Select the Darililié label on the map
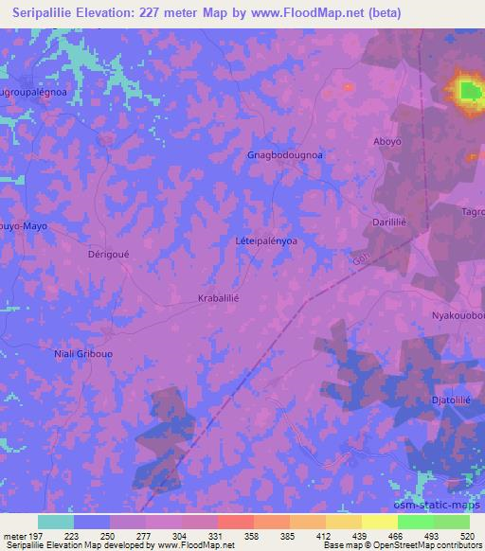(x=387, y=218)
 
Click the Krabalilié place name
(x=225, y=297)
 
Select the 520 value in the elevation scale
(x=466, y=535)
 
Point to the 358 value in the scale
(x=252, y=535)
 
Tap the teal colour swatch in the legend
(x=56, y=522)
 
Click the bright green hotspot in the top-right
(x=469, y=91)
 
